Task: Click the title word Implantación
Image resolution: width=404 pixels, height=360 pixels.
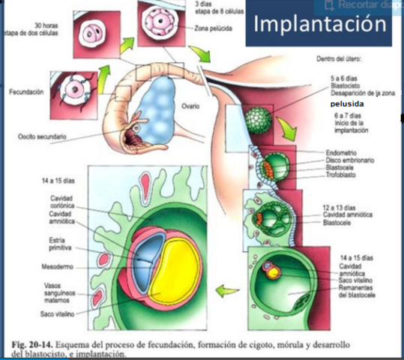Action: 320,24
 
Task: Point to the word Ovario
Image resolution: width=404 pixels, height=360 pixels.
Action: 191,106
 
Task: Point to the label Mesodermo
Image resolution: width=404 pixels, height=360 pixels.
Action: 55,267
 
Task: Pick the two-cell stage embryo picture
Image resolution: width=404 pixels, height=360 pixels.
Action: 96,34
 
